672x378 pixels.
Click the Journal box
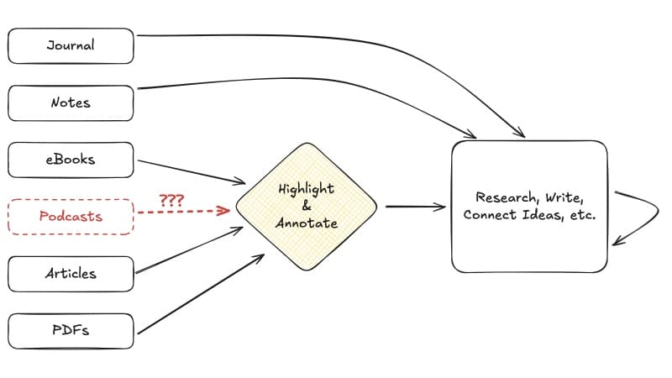71,45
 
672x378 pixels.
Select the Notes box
71,102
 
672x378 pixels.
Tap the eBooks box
71,159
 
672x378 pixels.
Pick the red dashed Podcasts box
71,216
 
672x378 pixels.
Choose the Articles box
71,273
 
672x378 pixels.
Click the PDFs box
71,330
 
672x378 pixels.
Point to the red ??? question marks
171,201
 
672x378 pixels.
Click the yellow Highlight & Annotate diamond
307,206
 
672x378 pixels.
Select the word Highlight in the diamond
307,189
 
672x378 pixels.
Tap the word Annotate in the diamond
307,223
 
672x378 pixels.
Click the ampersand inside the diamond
306,206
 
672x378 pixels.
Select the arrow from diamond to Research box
415,206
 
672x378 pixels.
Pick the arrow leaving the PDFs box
202,294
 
